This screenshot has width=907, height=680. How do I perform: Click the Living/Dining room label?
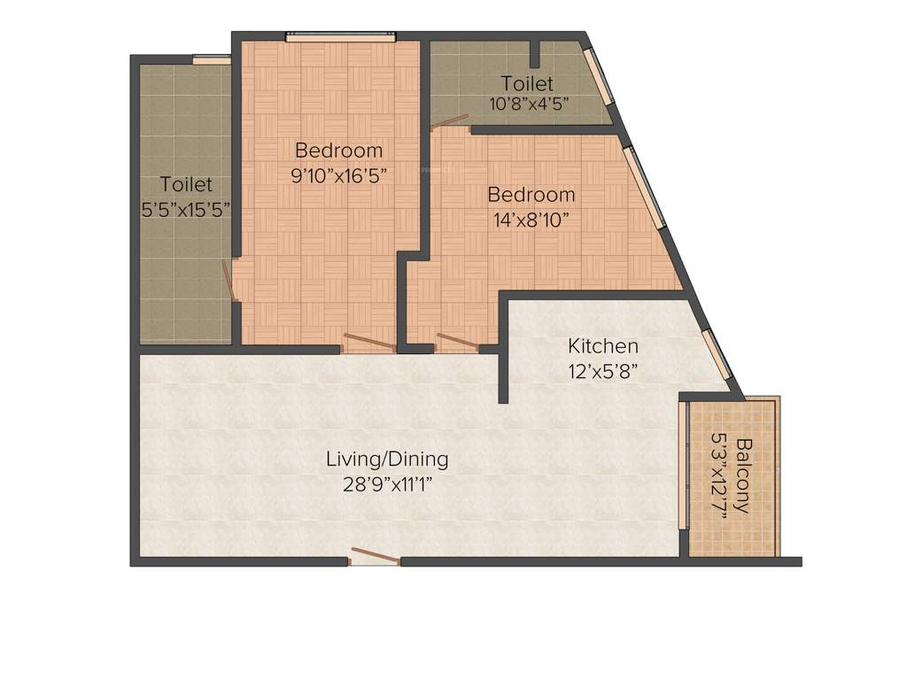pyautogui.click(x=387, y=460)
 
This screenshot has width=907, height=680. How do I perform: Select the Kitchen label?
pyautogui.click(x=602, y=345)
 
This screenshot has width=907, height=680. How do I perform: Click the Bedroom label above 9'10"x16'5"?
pyautogui.click(x=339, y=150)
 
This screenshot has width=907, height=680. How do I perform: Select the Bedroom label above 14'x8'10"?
pyautogui.click(x=531, y=194)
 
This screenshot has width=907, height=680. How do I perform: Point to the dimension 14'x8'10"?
pyautogui.click(x=531, y=218)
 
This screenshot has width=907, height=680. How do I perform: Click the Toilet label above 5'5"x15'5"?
pyautogui.click(x=186, y=184)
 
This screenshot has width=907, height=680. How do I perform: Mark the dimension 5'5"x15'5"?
pyautogui.click(x=186, y=209)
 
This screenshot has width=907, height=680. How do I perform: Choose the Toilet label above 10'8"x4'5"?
pyautogui.click(x=527, y=83)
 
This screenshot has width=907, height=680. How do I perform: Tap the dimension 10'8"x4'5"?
pyautogui.click(x=527, y=103)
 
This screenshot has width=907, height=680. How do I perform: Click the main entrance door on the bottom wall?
pyautogui.click(x=376, y=557)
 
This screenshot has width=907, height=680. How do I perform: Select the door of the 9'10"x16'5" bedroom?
pyautogui.click(x=368, y=342)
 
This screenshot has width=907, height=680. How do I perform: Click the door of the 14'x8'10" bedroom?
pyautogui.click(x=458, y=342)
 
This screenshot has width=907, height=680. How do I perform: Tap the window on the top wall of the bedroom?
pyautogui.click(x=339, y=36)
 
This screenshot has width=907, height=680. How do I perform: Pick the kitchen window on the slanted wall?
pyautogui.click(x=717, y=353)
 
